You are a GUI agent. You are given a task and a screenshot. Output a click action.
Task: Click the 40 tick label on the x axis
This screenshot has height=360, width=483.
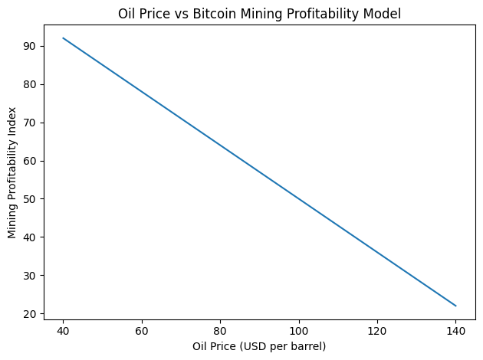click(63, 331)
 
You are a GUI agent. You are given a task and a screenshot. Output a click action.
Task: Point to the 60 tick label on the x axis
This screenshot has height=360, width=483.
click(142, 331)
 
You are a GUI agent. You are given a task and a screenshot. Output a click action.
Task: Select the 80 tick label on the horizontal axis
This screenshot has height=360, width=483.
click(220, 331)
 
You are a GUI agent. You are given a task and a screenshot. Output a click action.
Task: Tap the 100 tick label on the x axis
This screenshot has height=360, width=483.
click(299, 331)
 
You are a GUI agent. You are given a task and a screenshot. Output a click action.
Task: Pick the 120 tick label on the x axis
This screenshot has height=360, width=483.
click(377, 331)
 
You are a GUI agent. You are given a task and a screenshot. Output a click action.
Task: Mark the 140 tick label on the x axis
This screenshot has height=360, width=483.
click(456, 331)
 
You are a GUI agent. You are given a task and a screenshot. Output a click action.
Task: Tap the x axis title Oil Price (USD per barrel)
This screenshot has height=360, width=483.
click(259, 346)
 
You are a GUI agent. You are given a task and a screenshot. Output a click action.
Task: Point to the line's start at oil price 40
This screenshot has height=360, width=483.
click(63, 38)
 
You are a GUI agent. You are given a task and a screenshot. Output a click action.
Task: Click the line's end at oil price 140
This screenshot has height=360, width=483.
click(456, 306)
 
